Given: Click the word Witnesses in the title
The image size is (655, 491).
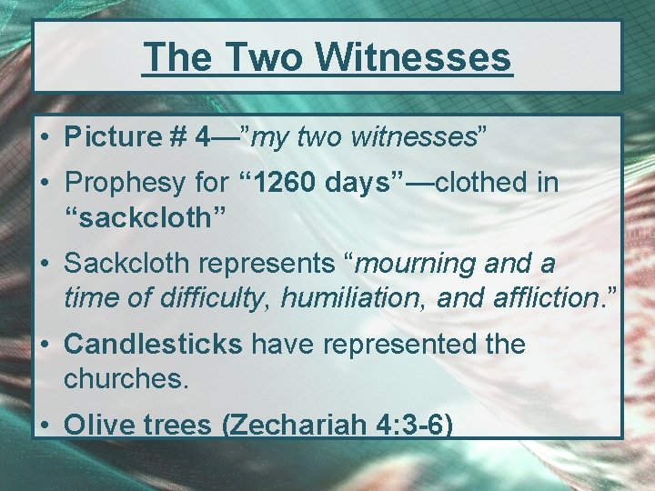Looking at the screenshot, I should (414, 57).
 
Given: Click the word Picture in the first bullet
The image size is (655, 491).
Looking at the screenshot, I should (112, 137).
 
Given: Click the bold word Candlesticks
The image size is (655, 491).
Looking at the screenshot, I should (152, 345).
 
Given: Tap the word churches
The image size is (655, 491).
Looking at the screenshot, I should (126, 378).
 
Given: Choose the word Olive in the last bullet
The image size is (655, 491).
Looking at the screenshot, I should (98, 426).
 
